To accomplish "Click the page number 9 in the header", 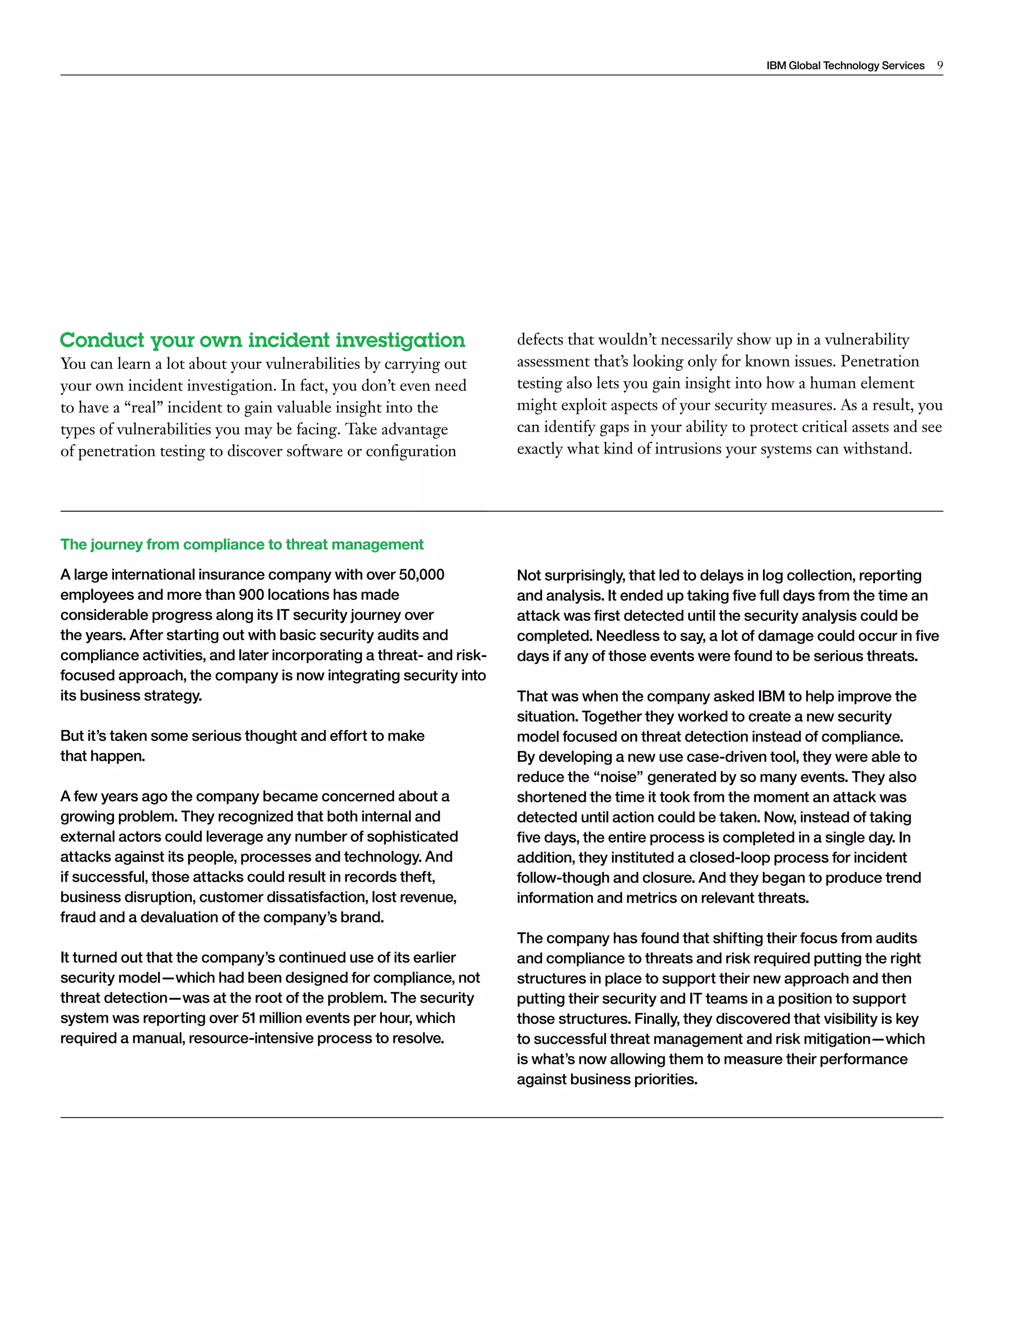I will pos(940,65).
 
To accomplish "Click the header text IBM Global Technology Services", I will pos(845,66).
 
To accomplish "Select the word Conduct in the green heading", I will pos(102,340).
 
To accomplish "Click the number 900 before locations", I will pos(251,595).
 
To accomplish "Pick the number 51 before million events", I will pos(249,1018).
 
